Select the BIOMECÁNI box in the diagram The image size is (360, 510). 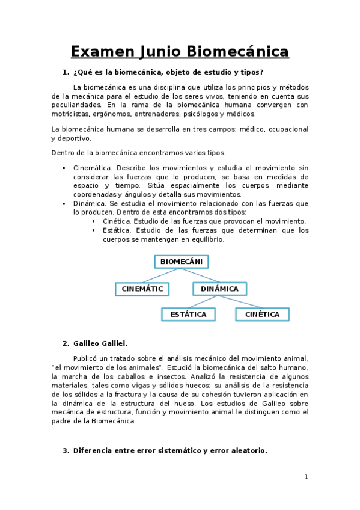[181, 262]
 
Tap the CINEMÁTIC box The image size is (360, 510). [142, 289]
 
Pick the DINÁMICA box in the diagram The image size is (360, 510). [219, 289]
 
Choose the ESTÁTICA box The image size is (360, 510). [188, 314]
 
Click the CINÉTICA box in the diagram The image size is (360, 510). [262, 314]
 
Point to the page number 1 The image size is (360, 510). [306, 477]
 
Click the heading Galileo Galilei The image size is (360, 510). [100, 343]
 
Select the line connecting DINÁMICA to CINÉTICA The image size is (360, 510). [240, 301]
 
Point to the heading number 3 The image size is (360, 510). [66, 450]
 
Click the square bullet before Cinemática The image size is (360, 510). [64, 168]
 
